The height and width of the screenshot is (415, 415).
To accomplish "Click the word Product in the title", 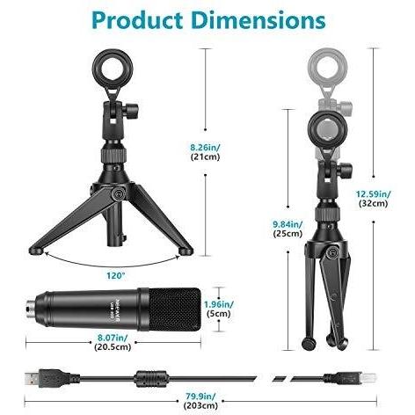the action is pos(137,21).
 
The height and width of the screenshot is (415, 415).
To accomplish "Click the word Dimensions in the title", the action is pos(258,20).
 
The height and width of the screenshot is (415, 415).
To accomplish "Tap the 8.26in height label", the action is pos(205,147).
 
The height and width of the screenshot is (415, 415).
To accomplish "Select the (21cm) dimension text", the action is pos(205,157).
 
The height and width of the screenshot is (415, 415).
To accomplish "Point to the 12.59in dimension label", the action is pos(373,193).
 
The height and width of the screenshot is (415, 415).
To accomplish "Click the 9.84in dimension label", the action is pos(288,224).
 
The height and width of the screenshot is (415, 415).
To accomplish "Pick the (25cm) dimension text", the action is pos(288,234).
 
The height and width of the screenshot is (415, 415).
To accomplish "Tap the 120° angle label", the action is pos(116,276).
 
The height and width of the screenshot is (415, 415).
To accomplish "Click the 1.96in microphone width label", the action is pos(219,304).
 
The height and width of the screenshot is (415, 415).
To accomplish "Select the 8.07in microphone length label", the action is pos(113,338).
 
